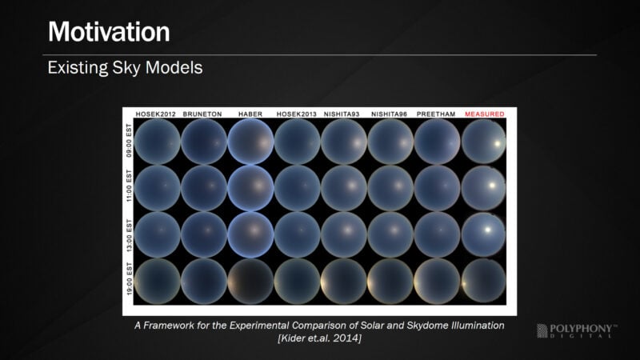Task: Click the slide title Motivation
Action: point(109,32)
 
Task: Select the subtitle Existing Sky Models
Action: point(125,67)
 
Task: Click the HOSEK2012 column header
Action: point(155,114)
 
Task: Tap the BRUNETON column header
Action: point(202,114)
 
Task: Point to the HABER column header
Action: point(250,114)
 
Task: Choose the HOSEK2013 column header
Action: point(296,114)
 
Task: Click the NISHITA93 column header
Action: point(342,114)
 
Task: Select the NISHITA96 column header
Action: point(389,114)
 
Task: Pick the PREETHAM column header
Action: point(436,114)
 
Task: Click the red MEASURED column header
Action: point(485,114)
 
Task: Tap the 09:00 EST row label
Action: point(129,141)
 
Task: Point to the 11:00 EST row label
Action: point(129,186)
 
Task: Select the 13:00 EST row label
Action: point(129,235)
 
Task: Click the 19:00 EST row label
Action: point(129,279)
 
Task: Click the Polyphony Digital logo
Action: point(577,330)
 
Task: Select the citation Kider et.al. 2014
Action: point(319,338)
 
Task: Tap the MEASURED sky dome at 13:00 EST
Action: point(484,234)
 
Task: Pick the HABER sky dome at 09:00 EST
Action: point(250,142)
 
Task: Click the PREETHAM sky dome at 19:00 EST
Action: point(437,282)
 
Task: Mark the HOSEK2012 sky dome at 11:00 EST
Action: point(157,188)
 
